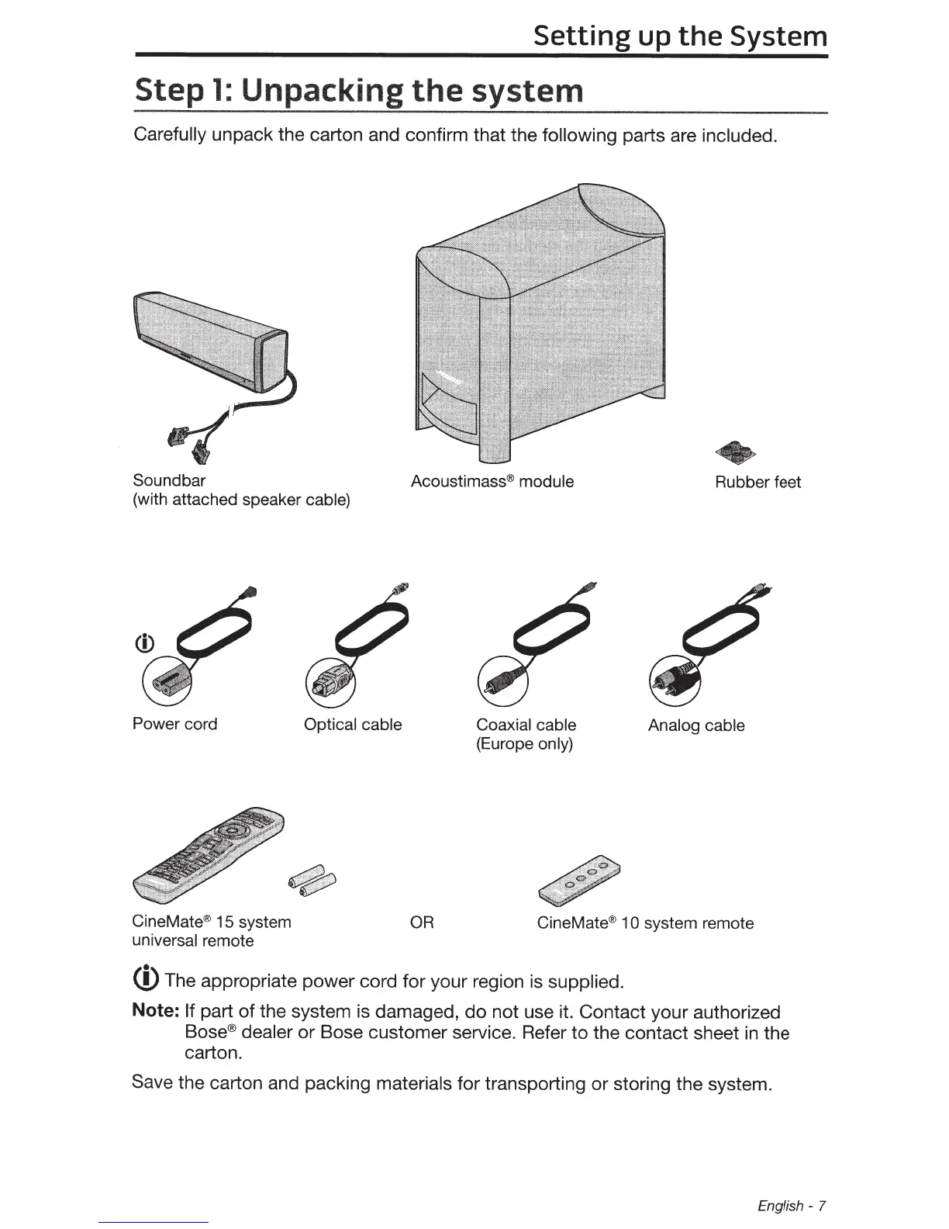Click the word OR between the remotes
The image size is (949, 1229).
422,923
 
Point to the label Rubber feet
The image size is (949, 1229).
757,482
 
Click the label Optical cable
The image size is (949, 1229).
353,725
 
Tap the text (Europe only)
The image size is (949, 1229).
524,744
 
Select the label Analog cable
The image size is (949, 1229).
696,725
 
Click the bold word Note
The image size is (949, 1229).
156,1013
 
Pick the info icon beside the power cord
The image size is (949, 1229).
147,643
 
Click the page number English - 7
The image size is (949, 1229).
792,1206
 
